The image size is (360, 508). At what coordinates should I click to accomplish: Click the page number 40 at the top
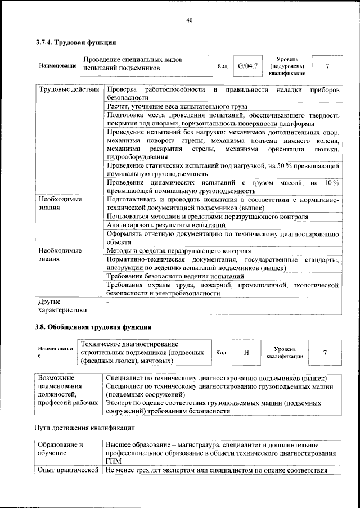(x=190, y=21)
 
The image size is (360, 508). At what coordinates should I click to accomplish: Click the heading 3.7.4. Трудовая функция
(x=76, y=43)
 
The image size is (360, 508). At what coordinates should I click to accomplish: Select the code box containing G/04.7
(x=247, y=66)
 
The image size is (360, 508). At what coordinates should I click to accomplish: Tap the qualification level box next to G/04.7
(x=327, y=66)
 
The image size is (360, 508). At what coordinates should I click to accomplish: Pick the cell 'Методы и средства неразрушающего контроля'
(x=179, y=250)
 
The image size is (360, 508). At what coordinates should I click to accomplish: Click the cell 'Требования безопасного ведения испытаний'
(x=175, y=276)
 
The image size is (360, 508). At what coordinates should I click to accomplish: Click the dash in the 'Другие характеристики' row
(x=107, y=302)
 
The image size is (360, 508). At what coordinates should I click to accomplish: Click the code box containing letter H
(x=246, y=352)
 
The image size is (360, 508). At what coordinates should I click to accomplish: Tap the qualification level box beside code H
(x=325, y=352)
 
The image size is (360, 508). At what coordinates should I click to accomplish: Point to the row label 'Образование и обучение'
(x=60, y=448)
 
